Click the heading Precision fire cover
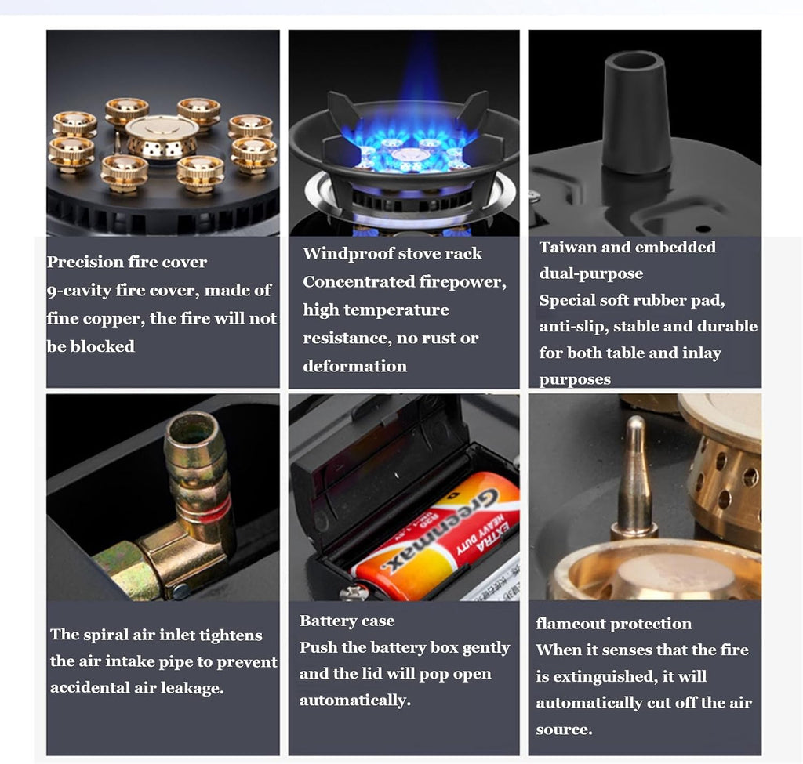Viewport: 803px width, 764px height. [x=127, y=262]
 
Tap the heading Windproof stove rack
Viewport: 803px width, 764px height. [x=392, y=253]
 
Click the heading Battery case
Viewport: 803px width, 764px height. [x=347, y=621]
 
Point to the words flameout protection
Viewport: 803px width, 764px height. [x=613, y=624]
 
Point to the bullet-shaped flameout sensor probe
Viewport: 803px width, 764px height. [x=635, y=476]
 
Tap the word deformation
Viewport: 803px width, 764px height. [x=355, y=367]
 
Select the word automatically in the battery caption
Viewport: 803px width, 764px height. [x=355, y=700]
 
